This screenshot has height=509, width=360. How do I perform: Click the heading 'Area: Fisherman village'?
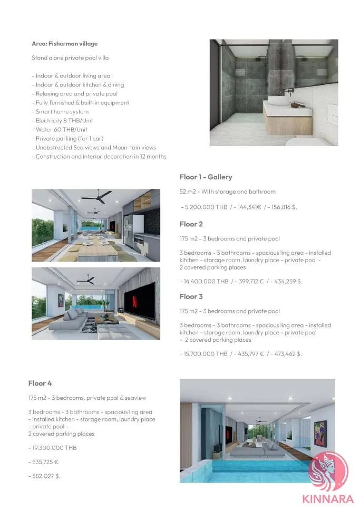64,44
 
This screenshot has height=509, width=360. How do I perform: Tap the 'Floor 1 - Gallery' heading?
206,177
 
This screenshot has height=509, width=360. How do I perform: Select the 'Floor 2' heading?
191,224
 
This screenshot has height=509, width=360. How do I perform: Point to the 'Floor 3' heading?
191,296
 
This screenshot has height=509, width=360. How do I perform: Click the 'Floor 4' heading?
40,383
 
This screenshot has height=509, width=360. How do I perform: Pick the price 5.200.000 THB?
205,207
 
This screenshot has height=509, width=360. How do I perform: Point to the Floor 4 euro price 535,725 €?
43,462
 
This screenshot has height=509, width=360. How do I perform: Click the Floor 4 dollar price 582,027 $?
44,476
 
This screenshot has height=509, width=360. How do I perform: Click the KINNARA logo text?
328,497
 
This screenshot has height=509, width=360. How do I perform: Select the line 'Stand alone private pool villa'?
70,58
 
